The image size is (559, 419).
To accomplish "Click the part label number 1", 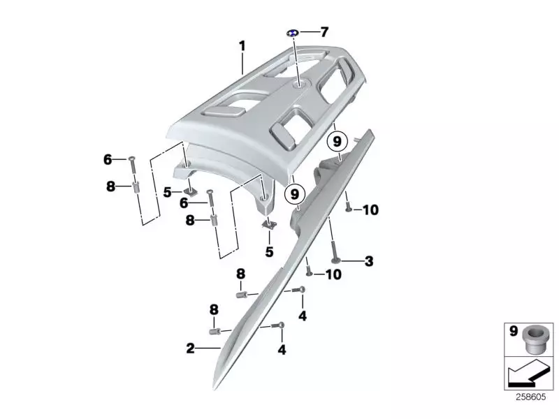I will [242, 46].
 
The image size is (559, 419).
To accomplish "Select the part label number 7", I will [324, 32].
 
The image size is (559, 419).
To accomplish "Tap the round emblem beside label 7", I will [293, 34].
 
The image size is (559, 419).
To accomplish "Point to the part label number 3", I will [369, 262].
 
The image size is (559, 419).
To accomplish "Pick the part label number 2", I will [190, 347].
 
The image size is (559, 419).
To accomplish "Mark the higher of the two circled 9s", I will [337, 142].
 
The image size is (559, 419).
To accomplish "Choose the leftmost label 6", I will [108, 160].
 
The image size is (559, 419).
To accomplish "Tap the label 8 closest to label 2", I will [214, 309].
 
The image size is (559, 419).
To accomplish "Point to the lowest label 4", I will [282, 349].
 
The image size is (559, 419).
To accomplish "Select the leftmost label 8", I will [110, 186].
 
